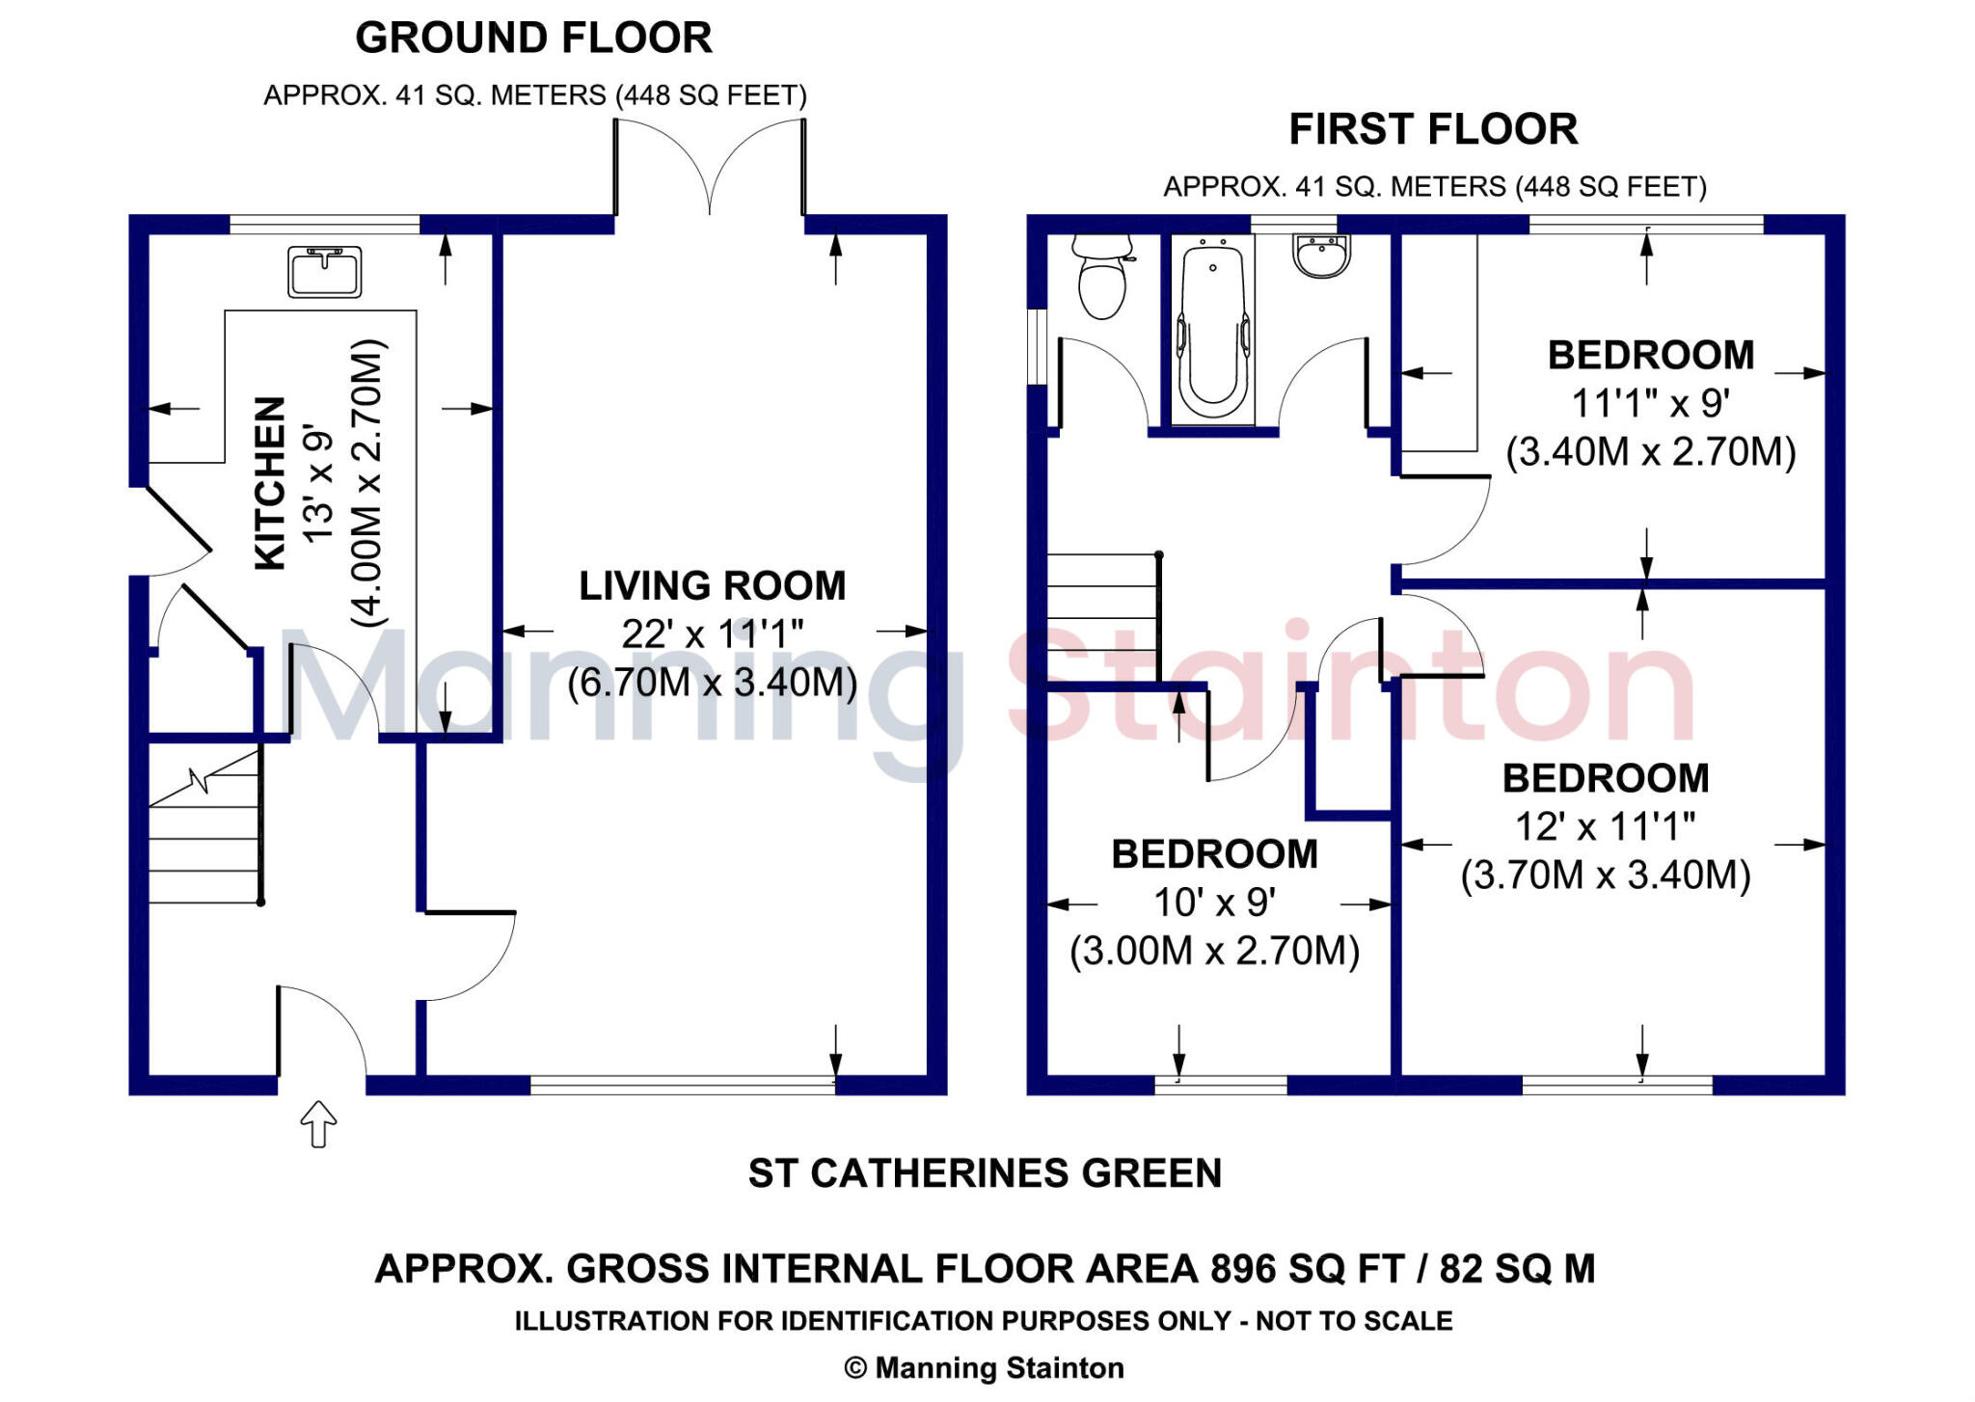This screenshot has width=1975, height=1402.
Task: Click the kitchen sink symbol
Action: [x=324, y=272]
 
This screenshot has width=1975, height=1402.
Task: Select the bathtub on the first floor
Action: [x=1212, y=328]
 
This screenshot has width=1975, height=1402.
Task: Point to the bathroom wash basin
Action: [x=1321, y=256]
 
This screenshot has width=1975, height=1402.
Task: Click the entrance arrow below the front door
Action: [x=318, y=1123]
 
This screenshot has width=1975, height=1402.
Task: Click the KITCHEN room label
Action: [x=270, y=482]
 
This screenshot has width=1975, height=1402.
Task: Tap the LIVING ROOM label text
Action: [x=712, y=586]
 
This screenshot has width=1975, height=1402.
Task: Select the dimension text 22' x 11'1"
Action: [x=712, y=634]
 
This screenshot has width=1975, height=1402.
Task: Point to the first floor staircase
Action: [x=1102, y=617]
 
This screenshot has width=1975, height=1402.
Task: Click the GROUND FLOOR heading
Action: [x=533, y=39]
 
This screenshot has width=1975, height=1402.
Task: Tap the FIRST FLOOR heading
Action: [x=1433, y=129]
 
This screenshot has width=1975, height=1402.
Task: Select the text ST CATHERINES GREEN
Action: [x=985, y=1173]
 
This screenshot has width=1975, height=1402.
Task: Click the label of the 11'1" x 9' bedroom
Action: [x=1650, y=356]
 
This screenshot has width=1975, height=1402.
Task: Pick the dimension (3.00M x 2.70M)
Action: [x=1214, y=952]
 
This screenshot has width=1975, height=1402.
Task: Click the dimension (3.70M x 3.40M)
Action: [x=1605, y=876]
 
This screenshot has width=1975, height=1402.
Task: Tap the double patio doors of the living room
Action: [x=710, y=169]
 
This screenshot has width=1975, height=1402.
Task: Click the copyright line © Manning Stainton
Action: [x=985, y=1368]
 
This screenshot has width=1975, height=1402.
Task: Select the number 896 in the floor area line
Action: [x=1244, y=1269]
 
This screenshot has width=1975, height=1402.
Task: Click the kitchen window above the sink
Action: [x=324, y=225]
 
